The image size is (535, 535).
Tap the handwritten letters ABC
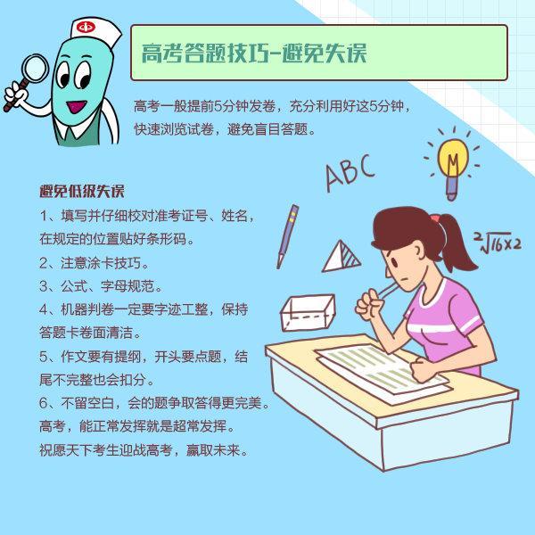click(350, 172)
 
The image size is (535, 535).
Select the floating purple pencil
click(287, 236)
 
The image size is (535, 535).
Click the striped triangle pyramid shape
click(342, 258)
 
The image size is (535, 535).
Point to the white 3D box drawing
click(308, 313)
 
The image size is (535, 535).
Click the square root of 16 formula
click(498, 242)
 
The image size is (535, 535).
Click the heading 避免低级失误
click(82, 192)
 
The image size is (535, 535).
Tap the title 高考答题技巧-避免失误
click(254, 53)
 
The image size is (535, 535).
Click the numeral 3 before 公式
click(44, 286)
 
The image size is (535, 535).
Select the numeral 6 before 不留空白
click(44, 403)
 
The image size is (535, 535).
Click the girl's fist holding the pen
click(369, 304)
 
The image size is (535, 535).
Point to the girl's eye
click(394, 262)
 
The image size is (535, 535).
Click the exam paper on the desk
click(383, 372)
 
